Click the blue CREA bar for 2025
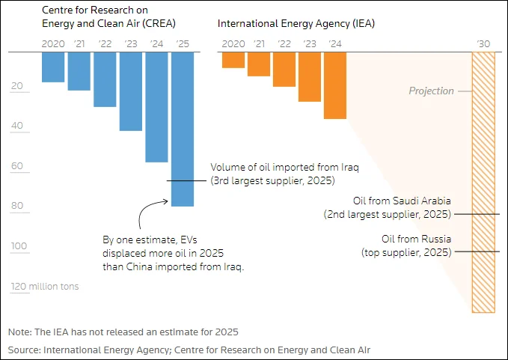pyautogui.click(x=183, y=129)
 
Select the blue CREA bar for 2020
pyautogui.click(x=53, y=67)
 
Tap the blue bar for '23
pyautogui.click(x=131, y=91)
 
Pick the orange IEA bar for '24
pyautogui.click(x=335, y=85)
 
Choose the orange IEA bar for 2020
pyautogui.click(x=233, y=60)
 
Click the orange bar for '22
pyautogui.click(x=284, y=69)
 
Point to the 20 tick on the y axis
pyautogui.click(x=16, y=86)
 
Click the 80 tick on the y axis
pyautogui.click(x=16, y=207)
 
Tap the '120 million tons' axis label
pyautogui.click(x=44, y=287)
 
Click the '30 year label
pyautogui.click(x=483, y=44)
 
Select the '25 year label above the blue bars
pyautogui.click(x=183, y=44)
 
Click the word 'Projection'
pyautogui.click(x=431, y=91)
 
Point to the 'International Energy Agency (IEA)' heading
pyautogui.click(x=296, y=23)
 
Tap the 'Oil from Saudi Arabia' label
pyautogui.click(x=402, y=201)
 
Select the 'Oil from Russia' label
pyautogui.click(x=417, y=240)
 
